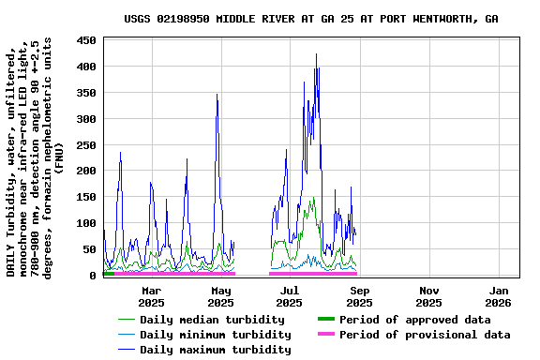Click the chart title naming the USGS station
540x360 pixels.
coord(310,19)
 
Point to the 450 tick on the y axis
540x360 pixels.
coord(87,40)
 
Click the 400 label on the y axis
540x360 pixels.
coord(87,67)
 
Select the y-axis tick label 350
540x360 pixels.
coord(87,93)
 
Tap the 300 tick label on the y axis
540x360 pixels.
coord(87,119)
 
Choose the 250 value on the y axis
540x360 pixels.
coord(87,145)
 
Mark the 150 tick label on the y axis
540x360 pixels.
coord(87,197)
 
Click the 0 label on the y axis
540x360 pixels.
coord(94,276)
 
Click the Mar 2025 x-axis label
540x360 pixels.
coord(151,296)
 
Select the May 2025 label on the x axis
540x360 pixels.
coord(220,296)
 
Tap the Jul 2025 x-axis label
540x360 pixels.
coord(290,296)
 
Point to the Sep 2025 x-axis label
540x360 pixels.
coord(359,296)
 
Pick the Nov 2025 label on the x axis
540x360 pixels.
coord(428,296)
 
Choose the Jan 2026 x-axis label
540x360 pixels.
coord(498,296)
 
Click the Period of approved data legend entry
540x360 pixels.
coord(414,320)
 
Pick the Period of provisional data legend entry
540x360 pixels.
coord(424,335)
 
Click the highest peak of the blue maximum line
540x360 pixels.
coord(316,54)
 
